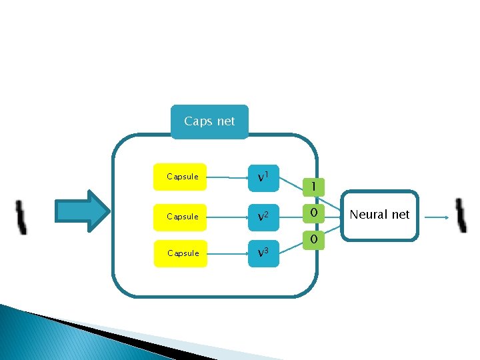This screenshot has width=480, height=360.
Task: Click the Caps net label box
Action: pyautogui.click(x=209, y=122)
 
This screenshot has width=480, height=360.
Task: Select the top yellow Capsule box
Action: pyautogui.click(x=180, y=177)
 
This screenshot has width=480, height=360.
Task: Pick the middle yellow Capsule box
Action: pyautogui.click(x=180, y=217)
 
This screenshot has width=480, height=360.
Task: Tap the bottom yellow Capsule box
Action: pyautogui.click(x=180, y=253)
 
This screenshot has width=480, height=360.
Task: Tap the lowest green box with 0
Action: pyautogui.click(x=313, y=239)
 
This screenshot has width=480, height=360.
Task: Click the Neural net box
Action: pyautogui.click(x=379, y=215)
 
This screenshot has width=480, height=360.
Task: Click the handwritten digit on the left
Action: pyautogui.click(x=21, y=217)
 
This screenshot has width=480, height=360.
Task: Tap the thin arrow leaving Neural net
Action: pyautogui.click(x=437, y=217)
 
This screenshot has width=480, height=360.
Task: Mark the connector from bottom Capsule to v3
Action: pyautogui.click(x=227, y=253)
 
